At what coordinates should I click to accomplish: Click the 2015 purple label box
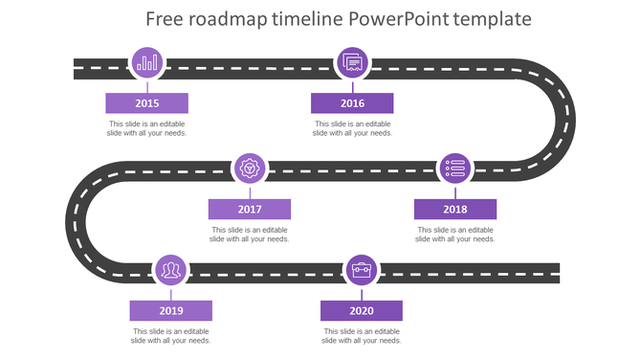coord(146,103)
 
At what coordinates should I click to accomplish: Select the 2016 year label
coord(352,103)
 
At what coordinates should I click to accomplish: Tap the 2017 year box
coord(250,210)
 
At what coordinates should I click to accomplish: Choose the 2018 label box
coord(455,210)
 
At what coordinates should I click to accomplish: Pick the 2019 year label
coord(171,310)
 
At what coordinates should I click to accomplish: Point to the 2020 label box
coord(362,310)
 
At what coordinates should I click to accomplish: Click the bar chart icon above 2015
coord(147,63)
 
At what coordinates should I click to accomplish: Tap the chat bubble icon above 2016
coord(352,63)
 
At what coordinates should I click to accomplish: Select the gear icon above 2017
coord(251,169)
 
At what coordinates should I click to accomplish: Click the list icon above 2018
coord(455,169)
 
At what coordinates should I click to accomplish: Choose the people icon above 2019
coord(171,271)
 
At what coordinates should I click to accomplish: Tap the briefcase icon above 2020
coord(362,271)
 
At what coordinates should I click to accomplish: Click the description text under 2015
coord(146,128)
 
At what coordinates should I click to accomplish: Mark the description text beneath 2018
coord(455,235)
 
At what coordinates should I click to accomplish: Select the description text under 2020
coord(362,335)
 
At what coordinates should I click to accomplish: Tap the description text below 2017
coord(250,235)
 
